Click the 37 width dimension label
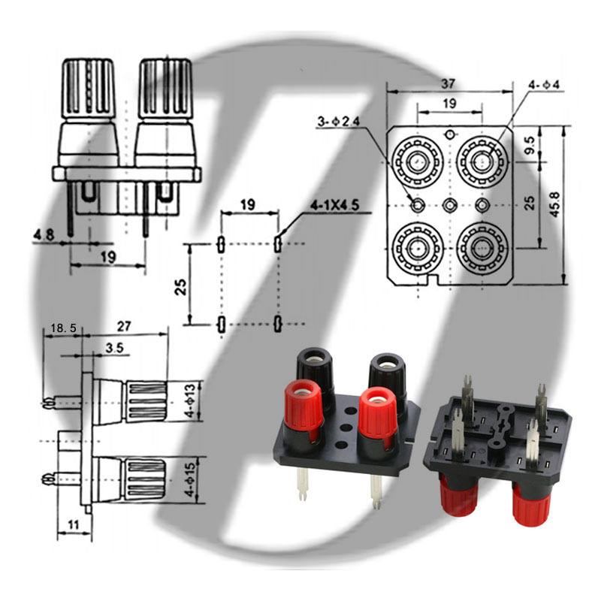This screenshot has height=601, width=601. (x=448, y=83)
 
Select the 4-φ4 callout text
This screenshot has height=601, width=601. (x=544, y=84)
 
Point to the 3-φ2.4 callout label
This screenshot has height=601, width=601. (x=339, y=121)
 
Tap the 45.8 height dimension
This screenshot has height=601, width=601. (x=554, y=204)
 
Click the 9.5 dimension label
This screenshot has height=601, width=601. (x=530, y=145)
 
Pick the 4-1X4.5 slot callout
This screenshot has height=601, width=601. (x=334, y=205)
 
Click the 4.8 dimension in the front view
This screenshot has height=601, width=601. (x=44, y=234)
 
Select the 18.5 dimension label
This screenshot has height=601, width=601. (x=64, y=328)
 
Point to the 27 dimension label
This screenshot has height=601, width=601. (x=124, y=327)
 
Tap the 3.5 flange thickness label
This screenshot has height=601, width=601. (x=115, y=348)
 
